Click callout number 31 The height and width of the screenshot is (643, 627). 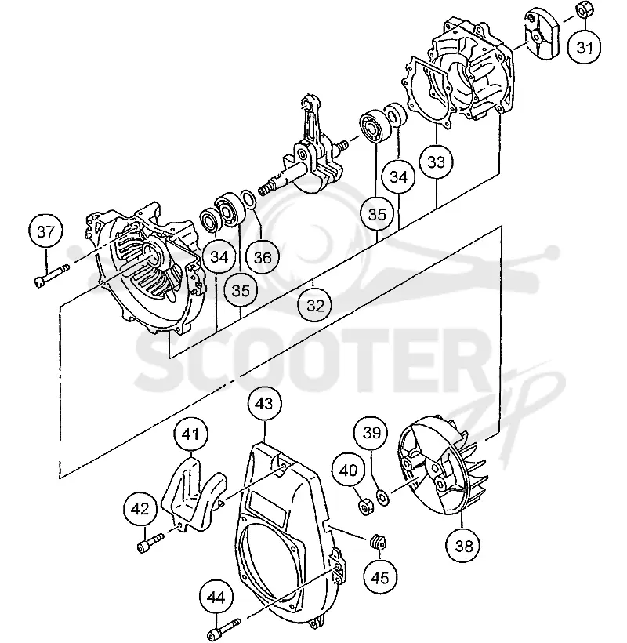[x=585, y=48]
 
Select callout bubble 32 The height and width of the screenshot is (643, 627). [x=315, y=306]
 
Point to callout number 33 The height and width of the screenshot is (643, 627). [x=436, y=162]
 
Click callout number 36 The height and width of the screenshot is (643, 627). [x=263, y=257]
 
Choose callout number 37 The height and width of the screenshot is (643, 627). [x=45, y=231]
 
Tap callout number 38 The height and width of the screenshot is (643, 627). [x=463, y=546]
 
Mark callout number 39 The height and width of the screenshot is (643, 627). [x=371, y=433]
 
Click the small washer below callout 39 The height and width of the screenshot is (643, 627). [x=383, y=497]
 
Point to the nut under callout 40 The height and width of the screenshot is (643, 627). [x=364, y=505]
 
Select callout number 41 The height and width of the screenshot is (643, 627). [x=191, y=434]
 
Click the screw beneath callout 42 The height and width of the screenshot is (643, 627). [x=150, y=542]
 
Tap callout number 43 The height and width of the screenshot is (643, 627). [x=265, y=403]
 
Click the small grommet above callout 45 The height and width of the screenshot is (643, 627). [x=378, y=543]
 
